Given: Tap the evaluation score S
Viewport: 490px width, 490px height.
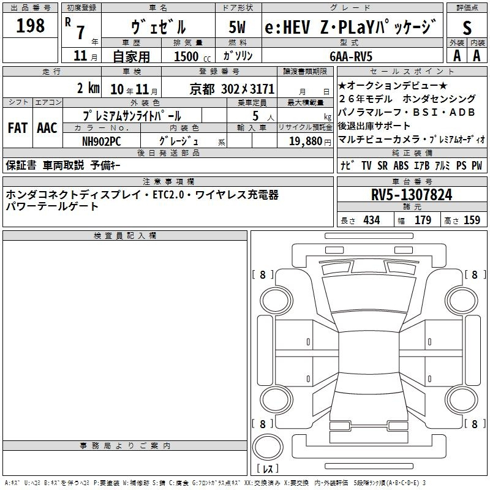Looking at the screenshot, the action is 467,27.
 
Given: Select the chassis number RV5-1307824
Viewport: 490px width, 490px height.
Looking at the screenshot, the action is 412,195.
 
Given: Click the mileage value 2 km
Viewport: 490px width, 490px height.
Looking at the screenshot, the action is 88,87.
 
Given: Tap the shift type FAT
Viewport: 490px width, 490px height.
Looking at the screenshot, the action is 17,128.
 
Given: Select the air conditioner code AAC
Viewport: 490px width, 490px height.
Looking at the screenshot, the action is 47,128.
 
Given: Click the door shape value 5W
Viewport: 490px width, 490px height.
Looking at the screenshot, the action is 238,27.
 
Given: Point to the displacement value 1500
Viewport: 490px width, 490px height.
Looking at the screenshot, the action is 186,56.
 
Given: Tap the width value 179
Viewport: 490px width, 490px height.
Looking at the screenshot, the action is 423,221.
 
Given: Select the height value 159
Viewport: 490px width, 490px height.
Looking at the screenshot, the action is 472,221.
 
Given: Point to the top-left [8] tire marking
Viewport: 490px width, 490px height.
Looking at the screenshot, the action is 263,275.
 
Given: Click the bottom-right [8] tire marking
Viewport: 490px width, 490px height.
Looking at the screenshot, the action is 473,424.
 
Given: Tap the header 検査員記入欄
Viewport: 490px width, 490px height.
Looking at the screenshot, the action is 125,236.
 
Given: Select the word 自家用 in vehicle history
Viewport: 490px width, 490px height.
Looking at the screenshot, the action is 132,56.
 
